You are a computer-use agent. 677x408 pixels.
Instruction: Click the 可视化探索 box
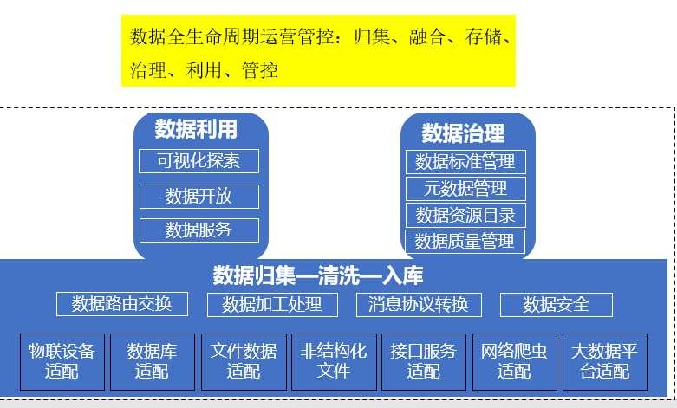click(x=199, y=161)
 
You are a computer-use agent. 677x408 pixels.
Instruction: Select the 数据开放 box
click(x=199, y=196)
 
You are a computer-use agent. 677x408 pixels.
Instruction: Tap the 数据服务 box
click(x=199, y=230)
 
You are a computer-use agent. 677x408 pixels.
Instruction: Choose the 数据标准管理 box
click(x=465, y=161)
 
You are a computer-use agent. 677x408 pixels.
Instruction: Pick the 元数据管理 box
click(x=465, y=188)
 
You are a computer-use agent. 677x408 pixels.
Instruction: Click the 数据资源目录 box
click(x=465, y=215)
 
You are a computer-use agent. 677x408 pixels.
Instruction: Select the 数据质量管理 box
click(x=465, y=241)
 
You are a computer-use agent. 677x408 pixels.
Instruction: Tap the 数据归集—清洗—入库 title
click(x=318, y=276)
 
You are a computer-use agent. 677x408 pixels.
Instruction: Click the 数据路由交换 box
click(x=121, y=304)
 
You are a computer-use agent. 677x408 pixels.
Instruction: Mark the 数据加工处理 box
click(x=271, y=304)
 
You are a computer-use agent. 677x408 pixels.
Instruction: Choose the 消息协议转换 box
click(x=418, y=304)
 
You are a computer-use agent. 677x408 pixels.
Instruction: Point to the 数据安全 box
click(x=556, y=304)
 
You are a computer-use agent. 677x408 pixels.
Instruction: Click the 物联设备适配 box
click(x=62, y=361)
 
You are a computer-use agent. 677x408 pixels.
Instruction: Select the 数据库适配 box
click(x=152, y=361)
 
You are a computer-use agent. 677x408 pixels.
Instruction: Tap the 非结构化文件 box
click(x=333, y=361)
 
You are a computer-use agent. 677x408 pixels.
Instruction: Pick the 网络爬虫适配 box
click(x=514, y=361)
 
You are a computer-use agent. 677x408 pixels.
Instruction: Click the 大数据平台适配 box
click(x=604, y=361)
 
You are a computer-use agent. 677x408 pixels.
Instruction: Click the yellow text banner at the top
click(x=318, y=49)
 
